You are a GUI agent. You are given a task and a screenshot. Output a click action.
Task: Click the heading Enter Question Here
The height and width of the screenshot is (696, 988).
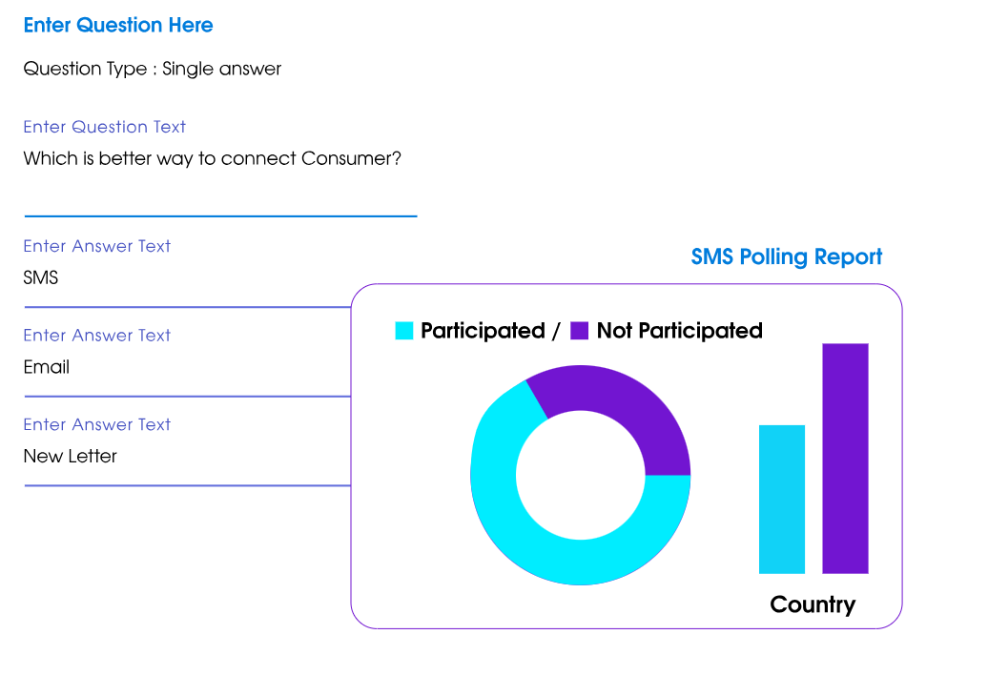pos(118,26)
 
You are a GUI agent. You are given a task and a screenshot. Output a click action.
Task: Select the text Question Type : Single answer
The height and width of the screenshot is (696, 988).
pos(153,69)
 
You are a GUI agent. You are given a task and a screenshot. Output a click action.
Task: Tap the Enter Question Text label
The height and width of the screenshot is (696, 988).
pos(105,127)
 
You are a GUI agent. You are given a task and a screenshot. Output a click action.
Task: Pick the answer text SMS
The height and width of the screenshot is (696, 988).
pos(41,277)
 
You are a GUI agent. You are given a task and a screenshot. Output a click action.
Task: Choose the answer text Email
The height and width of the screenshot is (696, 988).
pos(47,367)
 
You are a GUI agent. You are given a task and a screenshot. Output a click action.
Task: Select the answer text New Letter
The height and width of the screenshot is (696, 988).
pos(71,456)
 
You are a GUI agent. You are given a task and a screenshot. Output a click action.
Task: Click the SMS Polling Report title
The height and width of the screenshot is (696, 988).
pos(787,256)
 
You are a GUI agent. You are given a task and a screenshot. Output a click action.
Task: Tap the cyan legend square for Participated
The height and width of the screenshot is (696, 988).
pos(404,331)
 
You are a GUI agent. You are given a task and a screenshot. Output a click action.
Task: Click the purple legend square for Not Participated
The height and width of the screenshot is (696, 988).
pos(579,331)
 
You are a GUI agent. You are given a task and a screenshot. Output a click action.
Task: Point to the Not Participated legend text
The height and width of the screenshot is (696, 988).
pos(679,331)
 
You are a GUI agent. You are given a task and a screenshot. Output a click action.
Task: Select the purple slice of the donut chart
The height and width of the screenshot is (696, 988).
pos(620,405)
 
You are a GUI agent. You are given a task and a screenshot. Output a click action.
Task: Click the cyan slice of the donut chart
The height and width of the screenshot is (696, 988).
pos(534,543)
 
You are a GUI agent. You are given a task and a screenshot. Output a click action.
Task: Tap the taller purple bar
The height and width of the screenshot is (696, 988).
pos(845,458)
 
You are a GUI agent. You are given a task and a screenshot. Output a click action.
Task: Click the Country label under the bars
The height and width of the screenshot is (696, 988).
pos(813,604)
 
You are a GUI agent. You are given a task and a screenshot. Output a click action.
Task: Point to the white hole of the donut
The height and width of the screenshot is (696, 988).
pos(580,475)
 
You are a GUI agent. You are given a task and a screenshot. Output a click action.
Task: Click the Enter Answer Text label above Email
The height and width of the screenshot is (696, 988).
pos(97,336)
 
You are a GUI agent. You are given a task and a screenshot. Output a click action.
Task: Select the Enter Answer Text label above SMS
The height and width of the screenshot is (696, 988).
pos(97,246)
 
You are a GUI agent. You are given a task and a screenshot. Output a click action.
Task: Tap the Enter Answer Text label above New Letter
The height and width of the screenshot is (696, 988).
pos(97,424)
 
